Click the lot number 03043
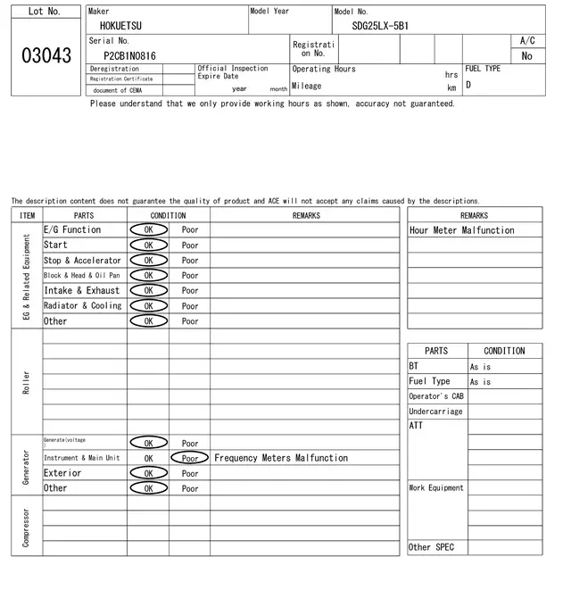pyautogui.click(x=46, y=55)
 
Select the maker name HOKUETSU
pyautogui.click(x=120, y=26)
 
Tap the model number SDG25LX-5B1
pyautogui.click(x=374, y=26)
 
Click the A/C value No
pyautogui.click(x=526, y=55)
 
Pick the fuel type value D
pyautogui.click(x=468, y=85)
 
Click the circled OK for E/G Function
pyautogui.click(x=148, y=229)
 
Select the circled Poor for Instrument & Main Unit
pyautogui.click(x=190, y=458)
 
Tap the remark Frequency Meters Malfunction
pyautogui.click(x=281, y=458)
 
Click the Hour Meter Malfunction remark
pyautogui.click(x=461, y=230)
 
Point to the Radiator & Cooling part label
pyautogui.click(x=83, y=305)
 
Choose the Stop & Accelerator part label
pyautogui.click(x=82, y=261)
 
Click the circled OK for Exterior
pyautogui.click(x=148, y=473)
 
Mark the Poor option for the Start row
pyautogui.click(x=190, y=245)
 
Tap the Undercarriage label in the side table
pyautogui.click(x=435, y=412)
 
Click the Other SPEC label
pyautogui.click(x=432, y=547)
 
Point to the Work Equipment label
pyautogui.click(x=436, y=488)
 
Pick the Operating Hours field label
pyautogui.click(x=324, y=69)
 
